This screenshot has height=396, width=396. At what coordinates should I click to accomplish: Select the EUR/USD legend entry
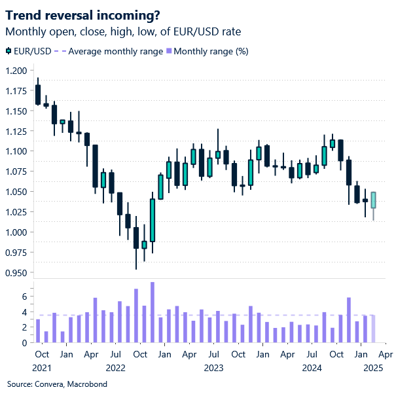tap(30, 51)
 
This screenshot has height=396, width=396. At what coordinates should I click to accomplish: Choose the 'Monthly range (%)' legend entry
tap(211, 51)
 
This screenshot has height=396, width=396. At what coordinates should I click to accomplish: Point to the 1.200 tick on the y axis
tap(16, 71)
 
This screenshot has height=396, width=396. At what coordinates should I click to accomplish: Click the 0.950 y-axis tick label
tap(16, 273)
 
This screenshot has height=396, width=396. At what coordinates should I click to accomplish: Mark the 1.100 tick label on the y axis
tap(16, 151)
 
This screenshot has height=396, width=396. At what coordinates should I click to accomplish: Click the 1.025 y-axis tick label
tap(16, 212)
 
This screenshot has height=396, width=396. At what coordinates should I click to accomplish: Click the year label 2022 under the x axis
tap(115, 368)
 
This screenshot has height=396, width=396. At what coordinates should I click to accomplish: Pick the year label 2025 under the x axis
tap(374, 368)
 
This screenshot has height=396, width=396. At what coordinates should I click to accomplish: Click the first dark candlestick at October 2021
tap(38, 94)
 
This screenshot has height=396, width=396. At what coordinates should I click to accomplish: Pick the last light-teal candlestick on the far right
tap(374, 200)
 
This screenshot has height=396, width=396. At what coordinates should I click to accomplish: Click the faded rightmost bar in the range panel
tap(374, 329)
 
